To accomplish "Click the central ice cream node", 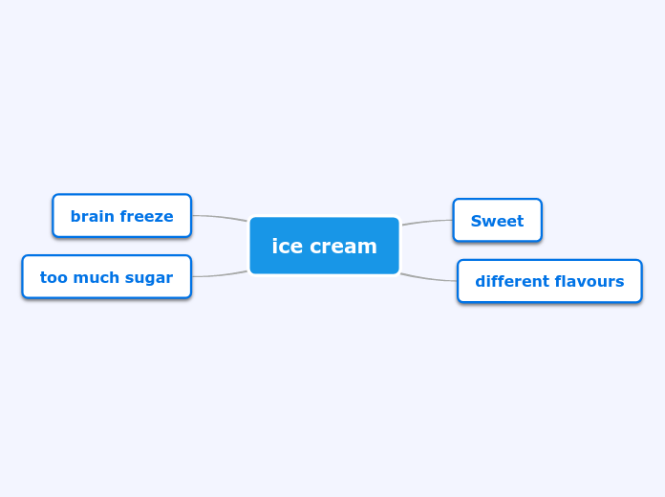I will point(324,246).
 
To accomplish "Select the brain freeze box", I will point(121,216).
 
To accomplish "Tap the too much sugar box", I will point(106,277).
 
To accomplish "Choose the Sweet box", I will point(497,221).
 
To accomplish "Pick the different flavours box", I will point(549,281).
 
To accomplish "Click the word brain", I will point(91,216).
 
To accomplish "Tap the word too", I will point(52,277).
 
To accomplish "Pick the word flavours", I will point(590,281).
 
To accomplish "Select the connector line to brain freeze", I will point(220,217).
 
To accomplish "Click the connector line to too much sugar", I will point(220,274).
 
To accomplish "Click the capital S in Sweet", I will point(476,221).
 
